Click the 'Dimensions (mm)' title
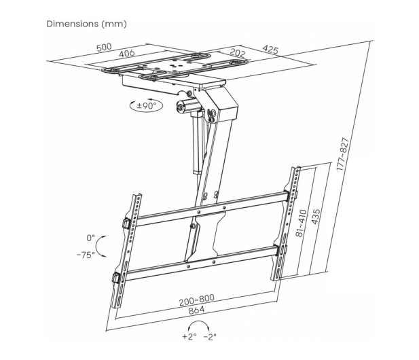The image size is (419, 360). (86, 24)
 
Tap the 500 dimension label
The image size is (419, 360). (104, 48)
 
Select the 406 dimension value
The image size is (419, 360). (127, 54)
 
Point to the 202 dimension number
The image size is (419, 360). (237, 53)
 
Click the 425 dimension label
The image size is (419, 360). (270, 49)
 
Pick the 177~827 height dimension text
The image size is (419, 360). (342, 154)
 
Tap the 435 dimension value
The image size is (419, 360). (315, 217)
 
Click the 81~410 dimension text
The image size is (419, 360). (301, 223)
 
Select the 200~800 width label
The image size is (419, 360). (197, 300)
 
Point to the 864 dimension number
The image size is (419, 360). (197, 310)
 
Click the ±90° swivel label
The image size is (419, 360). (146, 105)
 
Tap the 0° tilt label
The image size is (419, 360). (90, 238)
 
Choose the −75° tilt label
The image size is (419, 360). (86, 255)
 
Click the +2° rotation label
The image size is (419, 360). (189, 336)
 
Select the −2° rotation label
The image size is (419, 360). (210, 337)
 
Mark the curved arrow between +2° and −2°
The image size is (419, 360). (198, 321)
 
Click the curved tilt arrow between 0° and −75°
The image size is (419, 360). (96, 246)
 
